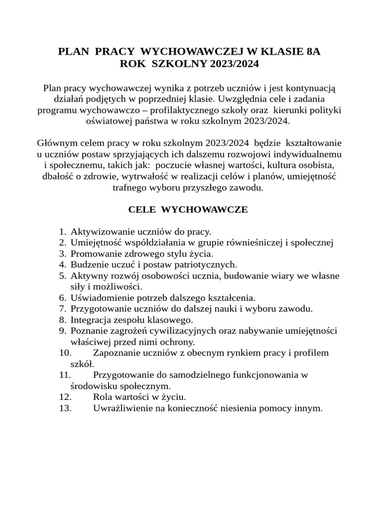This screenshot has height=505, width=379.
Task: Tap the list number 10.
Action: click(65, 353)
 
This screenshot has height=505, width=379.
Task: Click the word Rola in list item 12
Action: click(102, 397)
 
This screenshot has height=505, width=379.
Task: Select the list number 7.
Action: click(62, 309)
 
